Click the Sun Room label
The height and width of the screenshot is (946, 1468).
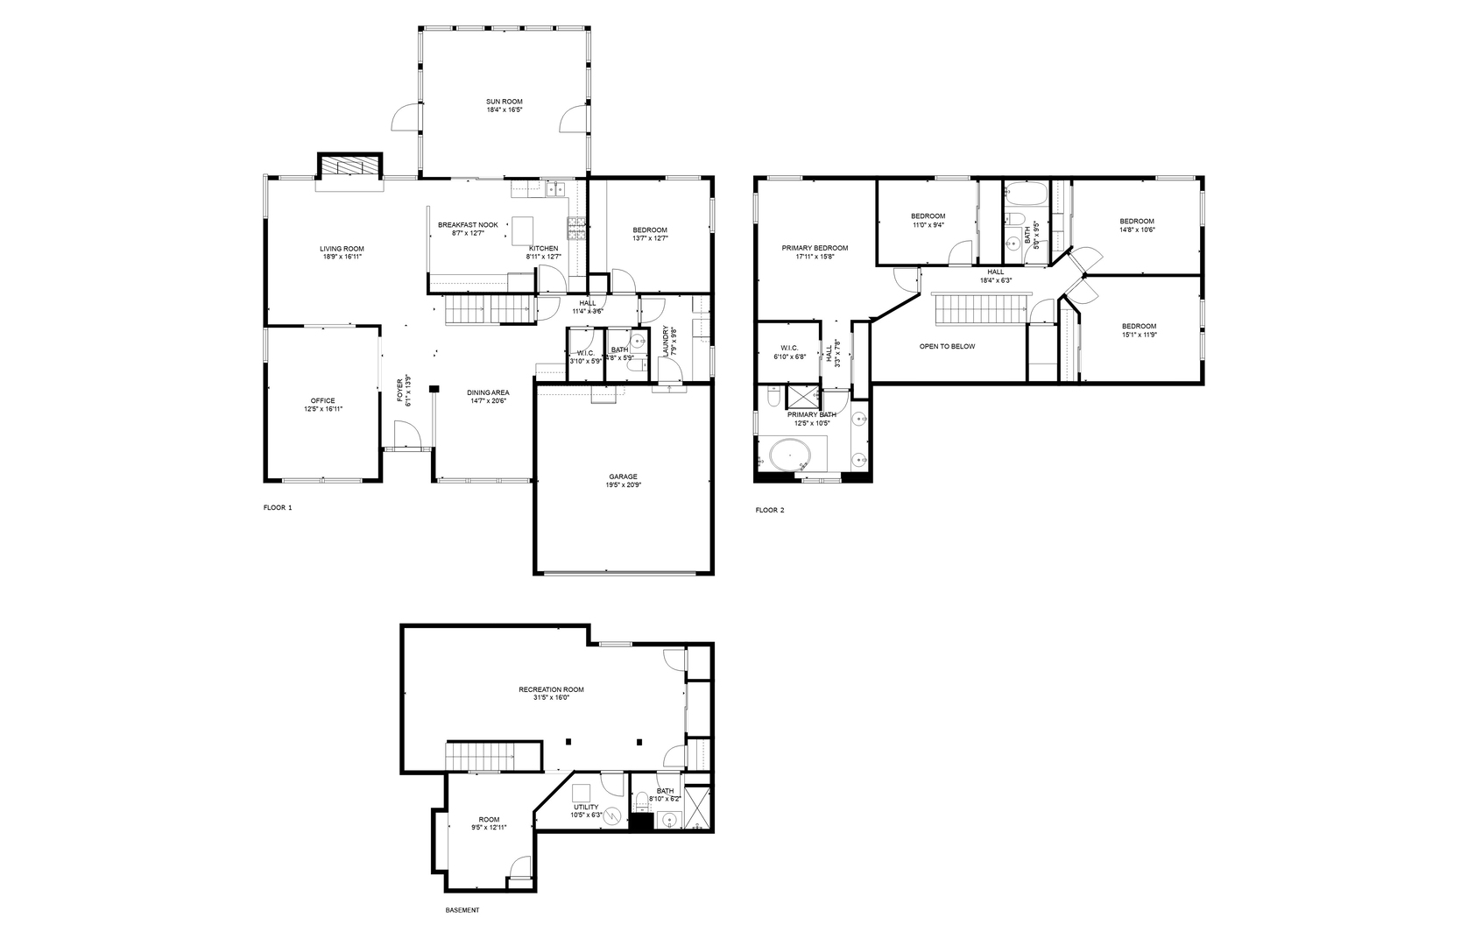[505, 102]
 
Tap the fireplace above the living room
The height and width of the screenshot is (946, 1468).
[349, 166]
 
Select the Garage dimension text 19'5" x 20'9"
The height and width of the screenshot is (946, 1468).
[623, 485]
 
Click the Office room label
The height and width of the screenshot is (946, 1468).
[322, 400]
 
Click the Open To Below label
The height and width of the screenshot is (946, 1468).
[947, 346]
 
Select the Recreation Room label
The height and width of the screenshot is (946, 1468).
[551, 689]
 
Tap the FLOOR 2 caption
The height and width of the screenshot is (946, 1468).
[770, 510]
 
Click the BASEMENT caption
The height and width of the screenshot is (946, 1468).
[462, 910]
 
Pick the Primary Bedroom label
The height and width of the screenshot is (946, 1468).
[815, 248]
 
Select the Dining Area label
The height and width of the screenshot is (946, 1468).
[488, 392]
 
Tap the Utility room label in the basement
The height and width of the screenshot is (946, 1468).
[586, 807]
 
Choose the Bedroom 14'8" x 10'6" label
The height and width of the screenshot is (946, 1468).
[1136, 221]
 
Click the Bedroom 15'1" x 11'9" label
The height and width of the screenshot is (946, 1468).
[1139, 326]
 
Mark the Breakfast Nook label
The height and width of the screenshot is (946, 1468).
[468, 225]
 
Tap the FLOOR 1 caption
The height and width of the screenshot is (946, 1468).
[278, 508]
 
